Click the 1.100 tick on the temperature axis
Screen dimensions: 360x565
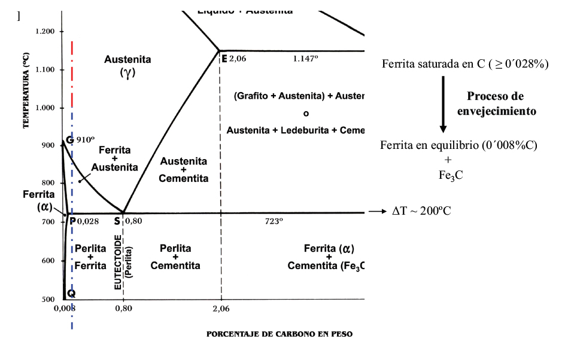coord(45,70)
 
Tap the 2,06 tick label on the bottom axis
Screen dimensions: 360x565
coord(221,308)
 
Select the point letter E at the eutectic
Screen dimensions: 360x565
coord(224,59)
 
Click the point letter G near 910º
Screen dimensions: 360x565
coord(69,139)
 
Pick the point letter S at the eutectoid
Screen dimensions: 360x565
coord(117,221)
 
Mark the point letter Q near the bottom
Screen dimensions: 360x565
coord(71,293)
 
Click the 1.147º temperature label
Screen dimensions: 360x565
coord(305,59)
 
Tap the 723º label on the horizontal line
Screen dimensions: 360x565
coord(274,221)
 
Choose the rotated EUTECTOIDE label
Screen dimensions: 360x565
coord(118,261)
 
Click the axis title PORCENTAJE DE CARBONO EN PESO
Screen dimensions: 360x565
coord(280,334)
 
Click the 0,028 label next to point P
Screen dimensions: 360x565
coord(88,221)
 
